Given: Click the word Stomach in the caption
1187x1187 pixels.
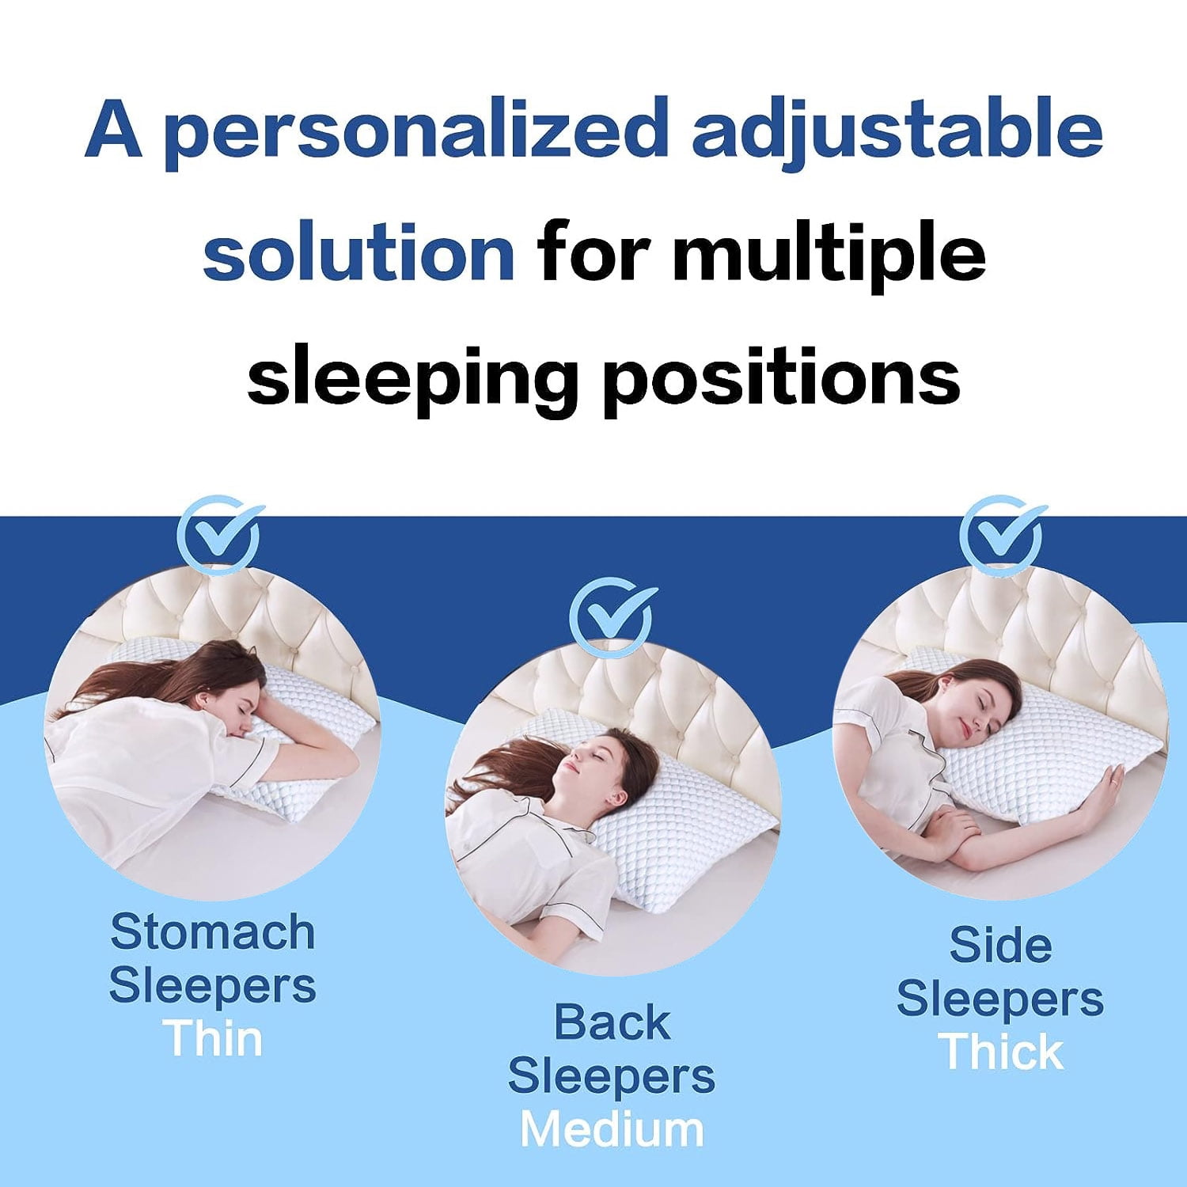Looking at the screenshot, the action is pos(212,932).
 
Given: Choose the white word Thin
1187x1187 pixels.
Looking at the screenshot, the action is pos(214,1039).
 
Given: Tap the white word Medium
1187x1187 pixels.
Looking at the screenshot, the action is pos(612,1129).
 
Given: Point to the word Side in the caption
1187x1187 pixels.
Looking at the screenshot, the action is pos(1000,945).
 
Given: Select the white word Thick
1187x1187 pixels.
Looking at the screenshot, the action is pos(1001,1052).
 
